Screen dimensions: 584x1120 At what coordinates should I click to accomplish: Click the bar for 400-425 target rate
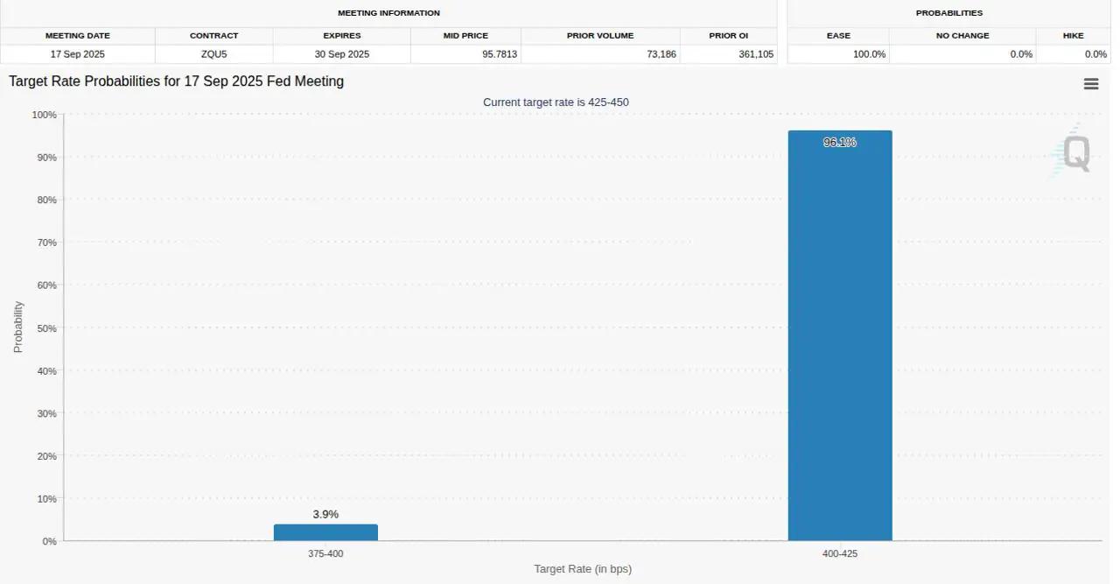click(839, 341)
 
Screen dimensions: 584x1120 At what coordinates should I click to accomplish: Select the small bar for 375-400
click(325, 532)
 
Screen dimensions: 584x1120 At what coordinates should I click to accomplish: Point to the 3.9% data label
click(325, 514)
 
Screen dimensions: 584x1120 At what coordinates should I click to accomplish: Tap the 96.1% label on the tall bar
click(839, 142)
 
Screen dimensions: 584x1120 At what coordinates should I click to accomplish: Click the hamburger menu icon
click(1091, 84)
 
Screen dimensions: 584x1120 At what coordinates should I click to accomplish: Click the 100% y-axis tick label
click(44, 115)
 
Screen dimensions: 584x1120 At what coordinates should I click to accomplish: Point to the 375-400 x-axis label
click(325, 554)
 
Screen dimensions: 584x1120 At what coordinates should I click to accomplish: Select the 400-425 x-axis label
click(840, 554)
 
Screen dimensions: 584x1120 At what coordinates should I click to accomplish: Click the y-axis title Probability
click(18, 327)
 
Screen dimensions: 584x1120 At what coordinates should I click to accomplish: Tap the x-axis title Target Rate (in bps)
click(583, 569)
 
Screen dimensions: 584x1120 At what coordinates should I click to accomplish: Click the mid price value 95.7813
click(499, 54)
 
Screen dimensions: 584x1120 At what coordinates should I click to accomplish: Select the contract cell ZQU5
click(213, 54)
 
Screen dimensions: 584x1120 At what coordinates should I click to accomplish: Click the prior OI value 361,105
click(754, 54)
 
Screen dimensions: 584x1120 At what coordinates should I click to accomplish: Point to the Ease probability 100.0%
click(869, 54)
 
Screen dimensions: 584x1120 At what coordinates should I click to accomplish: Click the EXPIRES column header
click(341, 36)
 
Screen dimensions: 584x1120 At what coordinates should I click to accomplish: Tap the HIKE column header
click(1074, 36)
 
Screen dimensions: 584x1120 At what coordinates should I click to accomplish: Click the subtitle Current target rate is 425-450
click(556, 102)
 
